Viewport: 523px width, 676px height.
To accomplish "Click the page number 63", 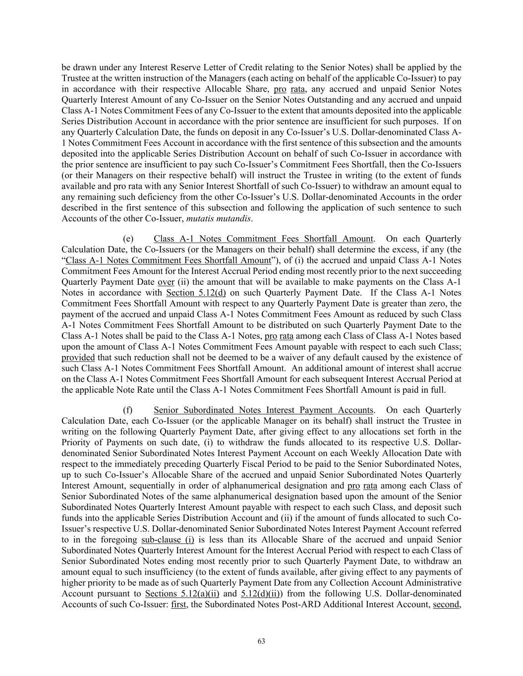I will tap(261, 641).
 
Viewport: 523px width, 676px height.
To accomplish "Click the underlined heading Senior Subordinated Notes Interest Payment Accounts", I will tap(263, 410).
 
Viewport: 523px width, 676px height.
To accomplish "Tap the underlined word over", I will tap(166, 282).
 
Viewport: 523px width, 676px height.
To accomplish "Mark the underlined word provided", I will tap(78, 358).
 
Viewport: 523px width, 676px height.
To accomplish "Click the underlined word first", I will tap(178, 605).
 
